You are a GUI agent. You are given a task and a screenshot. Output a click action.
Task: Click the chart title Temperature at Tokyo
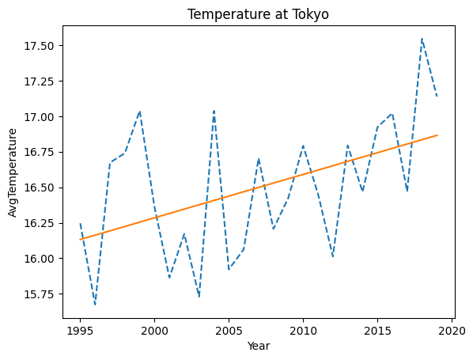point(258,14)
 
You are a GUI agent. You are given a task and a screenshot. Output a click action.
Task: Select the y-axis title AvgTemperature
point(13,172)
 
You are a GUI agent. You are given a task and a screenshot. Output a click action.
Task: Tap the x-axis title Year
point(259,346)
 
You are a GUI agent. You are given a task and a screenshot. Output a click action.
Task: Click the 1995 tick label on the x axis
point(80,331)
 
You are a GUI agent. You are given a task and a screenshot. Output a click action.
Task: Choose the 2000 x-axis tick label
point(154,331)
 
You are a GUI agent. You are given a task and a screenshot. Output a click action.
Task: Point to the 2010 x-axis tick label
point(303,331)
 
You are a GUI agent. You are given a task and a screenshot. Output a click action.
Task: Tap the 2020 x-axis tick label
point(452,331)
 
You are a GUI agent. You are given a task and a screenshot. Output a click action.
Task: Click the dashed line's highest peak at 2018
point(422,39)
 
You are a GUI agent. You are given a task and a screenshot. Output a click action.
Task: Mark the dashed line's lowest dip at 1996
point(95,305)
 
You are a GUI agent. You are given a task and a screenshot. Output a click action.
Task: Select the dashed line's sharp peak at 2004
point(214,111)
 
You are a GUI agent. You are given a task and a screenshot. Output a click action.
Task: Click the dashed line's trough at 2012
point(333,257)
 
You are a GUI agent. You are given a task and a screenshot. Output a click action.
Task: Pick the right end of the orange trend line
point(437,135)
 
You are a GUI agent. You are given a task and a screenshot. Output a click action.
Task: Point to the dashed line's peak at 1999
point(140,112)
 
